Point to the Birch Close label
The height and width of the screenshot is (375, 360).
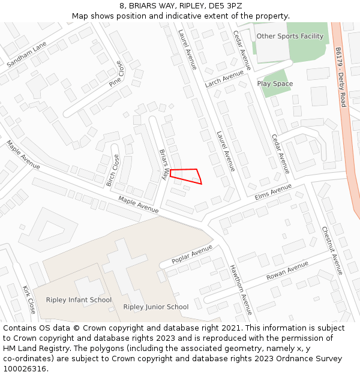pyautogui.click(x=112, y=170)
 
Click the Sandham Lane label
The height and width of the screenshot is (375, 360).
pyautogui.click(x=26, y=54)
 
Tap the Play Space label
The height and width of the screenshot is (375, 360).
pyautogui.click(x=275, y=84)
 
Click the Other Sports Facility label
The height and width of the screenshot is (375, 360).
pyautogui.click(x=290, y=36)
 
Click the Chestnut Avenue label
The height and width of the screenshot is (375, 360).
pyautogui.click(x=331, y=250)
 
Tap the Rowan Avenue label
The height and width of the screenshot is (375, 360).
pyautogui.click(x=287, y=271)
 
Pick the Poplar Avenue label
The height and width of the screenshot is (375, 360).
pyautogui.click(x=192, y=254)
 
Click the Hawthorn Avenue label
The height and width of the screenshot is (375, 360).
pyautogui.click(x=241, y=290)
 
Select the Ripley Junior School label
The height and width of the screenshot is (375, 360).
pyautogui.click(x=156, y=307)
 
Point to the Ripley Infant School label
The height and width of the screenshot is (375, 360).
pyautogui.click(x=79, y=300)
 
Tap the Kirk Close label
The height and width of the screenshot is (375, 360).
pyautogui.click(x=29, y=299)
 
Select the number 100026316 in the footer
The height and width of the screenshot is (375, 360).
pyautogui.click(x=25, y=368)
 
